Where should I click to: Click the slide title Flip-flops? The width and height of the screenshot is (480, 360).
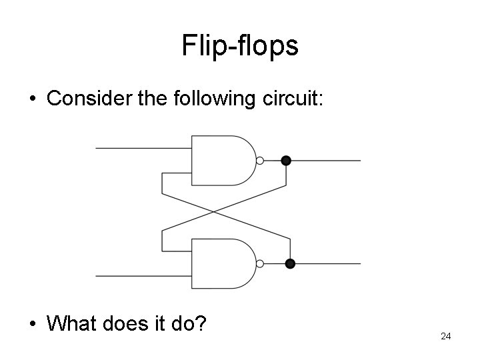[239, 46]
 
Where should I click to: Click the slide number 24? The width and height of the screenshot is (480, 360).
[446, 337]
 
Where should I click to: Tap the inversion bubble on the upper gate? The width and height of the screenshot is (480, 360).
[260, 160]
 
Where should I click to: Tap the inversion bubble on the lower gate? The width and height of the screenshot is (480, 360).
[260, 263]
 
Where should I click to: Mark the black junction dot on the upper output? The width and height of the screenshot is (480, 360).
[286, 160]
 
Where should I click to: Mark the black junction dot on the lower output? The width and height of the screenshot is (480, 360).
[290, 263]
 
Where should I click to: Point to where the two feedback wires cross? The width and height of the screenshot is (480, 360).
[213, 212]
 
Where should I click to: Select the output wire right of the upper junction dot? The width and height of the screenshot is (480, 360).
[327, 160]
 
